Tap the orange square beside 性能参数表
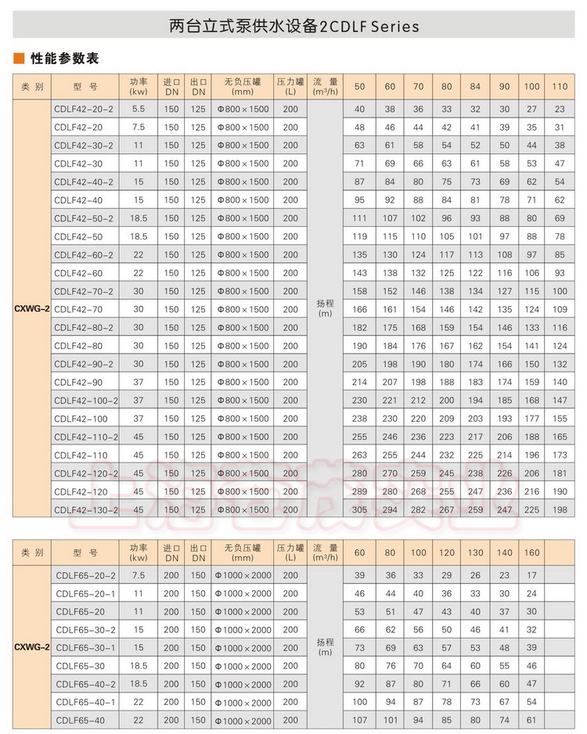18,59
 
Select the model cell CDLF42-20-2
83,109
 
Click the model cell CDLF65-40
80,721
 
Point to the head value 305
359,509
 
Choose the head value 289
359,491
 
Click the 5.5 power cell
139,109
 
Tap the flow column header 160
531,553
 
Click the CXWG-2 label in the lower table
31,648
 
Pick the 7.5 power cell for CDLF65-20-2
139,575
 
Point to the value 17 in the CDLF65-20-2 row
531,575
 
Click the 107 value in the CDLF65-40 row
359,721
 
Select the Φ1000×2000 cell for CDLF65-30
242,666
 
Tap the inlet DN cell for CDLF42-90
171,382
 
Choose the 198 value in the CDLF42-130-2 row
560,509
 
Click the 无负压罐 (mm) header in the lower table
242,553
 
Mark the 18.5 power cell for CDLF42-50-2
139,218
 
